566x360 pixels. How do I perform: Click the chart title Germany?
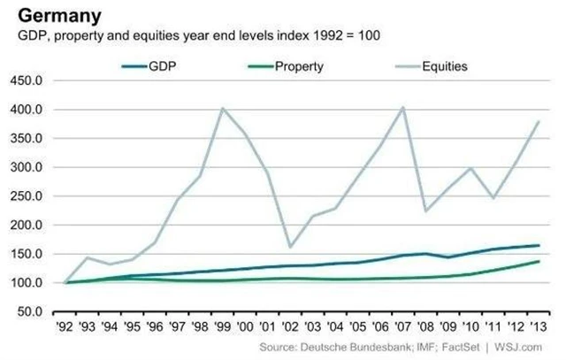pos(53,16)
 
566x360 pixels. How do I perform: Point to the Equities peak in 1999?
pos(221,108)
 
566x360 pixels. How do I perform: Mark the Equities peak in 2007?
pos(403,107)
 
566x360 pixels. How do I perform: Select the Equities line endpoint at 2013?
pos(539,122)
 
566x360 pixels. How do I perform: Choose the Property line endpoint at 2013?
pos(539,262)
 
